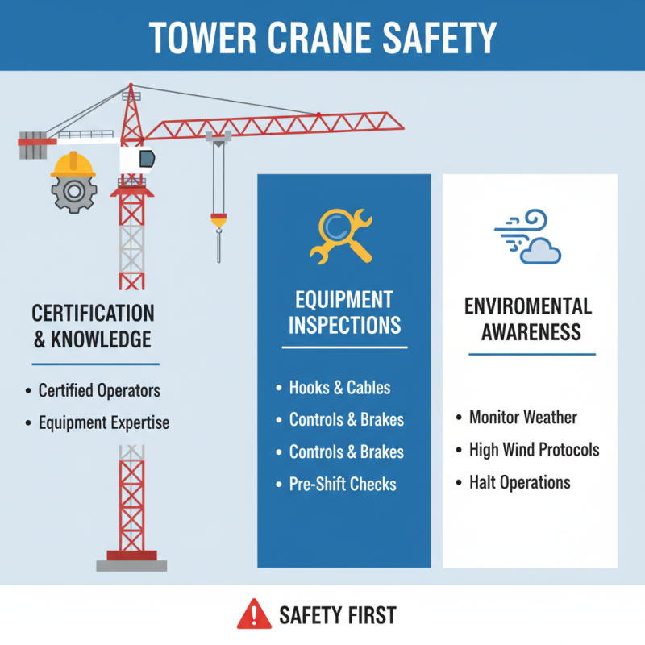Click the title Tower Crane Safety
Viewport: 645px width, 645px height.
(322, 36)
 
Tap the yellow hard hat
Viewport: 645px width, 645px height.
(73, 164)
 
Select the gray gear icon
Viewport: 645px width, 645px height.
(73, 193)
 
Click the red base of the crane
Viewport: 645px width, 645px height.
(131, 554)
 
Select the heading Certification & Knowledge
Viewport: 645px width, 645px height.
(92, 326)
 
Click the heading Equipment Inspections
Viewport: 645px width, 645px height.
(345, 313)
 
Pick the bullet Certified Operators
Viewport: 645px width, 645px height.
(99, 391)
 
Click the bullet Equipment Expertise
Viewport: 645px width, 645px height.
(104, 422)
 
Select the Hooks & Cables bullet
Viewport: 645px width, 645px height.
(339, 388)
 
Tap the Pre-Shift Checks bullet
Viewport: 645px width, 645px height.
(343, 485)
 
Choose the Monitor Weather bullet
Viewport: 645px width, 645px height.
(523, 418)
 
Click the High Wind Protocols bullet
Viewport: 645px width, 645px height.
(534, 450)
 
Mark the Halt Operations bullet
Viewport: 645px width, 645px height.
(519, 482)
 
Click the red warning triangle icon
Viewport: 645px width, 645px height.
(255, 614)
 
